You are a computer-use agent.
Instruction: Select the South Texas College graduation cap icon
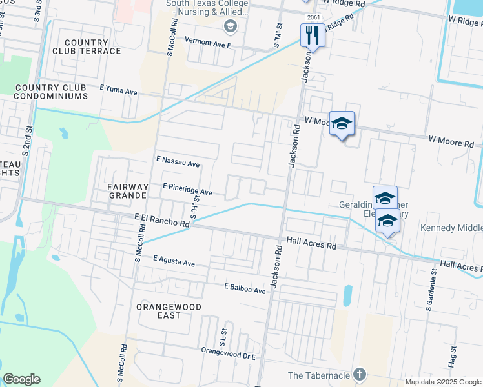click(x=229, y=26)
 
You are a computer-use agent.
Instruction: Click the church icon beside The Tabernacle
click(x=360, y=375)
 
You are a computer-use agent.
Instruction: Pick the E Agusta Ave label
click(x=174, y=262)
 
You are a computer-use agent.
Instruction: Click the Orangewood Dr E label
click(x=229, y=353)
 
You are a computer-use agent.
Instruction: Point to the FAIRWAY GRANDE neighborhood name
click(x=128, y=192)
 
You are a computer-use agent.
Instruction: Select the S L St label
click(x=222, y=335)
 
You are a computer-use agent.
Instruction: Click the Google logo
click(x=22, y=379)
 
